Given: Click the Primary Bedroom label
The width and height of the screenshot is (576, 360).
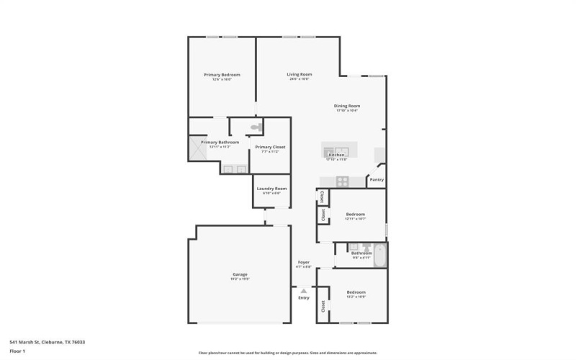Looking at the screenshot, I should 222,75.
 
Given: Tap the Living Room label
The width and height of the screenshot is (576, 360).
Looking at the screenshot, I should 300,74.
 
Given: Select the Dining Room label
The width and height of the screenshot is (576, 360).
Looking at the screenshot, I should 348,106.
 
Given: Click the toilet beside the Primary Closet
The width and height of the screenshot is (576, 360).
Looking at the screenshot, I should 254,127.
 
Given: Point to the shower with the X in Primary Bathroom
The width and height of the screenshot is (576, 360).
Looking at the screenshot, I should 199,148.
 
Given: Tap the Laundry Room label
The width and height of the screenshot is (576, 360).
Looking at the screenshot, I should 271,188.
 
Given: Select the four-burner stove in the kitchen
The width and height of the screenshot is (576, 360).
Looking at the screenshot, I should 343,181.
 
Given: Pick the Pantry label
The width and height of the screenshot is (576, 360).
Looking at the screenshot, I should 376,180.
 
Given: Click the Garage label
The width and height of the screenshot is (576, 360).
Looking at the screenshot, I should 240,275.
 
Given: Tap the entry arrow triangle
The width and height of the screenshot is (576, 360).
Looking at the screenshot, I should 303,290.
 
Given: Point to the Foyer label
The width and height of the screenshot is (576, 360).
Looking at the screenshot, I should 304,262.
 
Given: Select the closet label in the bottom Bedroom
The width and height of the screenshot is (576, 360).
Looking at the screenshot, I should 323,305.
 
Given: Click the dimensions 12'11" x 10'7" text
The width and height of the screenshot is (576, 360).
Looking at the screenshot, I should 356,219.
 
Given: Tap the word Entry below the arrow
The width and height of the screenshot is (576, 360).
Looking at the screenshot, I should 304,297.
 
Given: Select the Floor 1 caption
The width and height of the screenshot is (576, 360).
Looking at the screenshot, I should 17,351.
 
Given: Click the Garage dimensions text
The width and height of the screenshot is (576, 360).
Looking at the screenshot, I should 240,280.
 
